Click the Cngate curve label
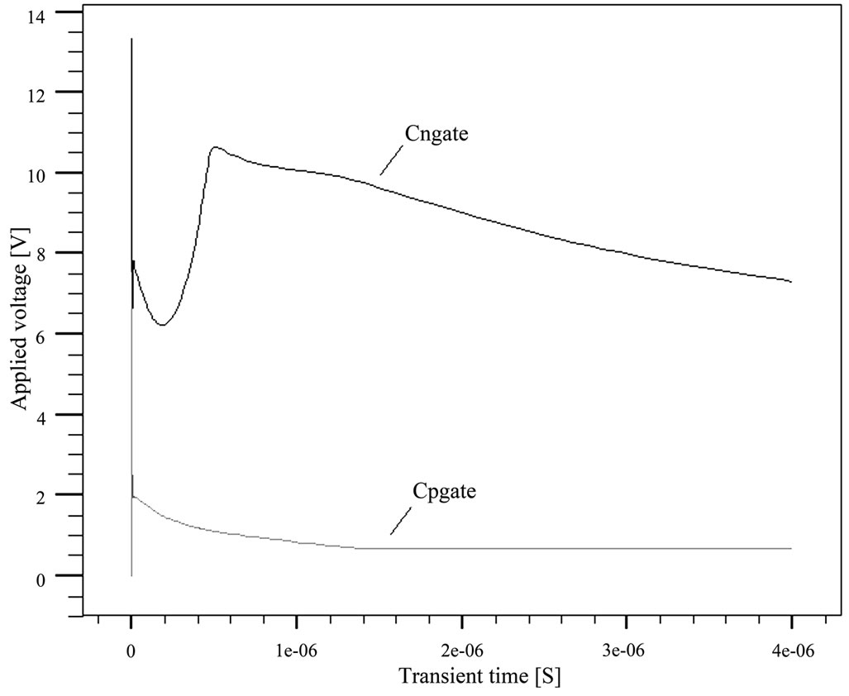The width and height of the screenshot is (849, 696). click(x=437, y=134)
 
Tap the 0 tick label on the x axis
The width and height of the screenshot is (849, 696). click(x=131, y=651)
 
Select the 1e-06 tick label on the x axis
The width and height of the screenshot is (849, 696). click(x=296, y=651)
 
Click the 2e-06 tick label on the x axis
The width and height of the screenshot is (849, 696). click(x=462, y=651)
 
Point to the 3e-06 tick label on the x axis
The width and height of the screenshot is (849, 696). click(x=627, y=651)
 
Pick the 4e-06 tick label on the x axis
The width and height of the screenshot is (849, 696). click(x=792, y=651)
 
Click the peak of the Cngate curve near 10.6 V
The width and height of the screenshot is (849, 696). click(x=216, y=147)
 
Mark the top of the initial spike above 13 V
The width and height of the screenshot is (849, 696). click(x=131, y=39)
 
